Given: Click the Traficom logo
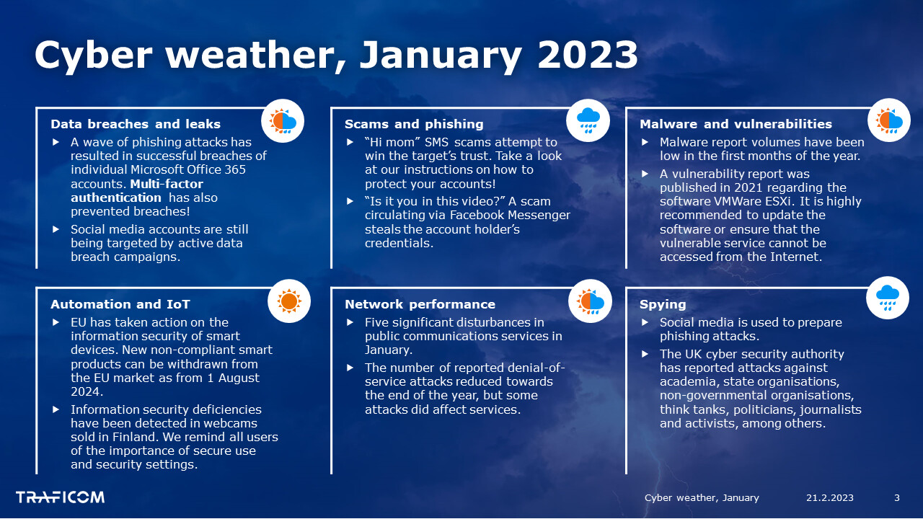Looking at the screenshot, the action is [x=60, y=497].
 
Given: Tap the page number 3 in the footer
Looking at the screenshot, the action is [x=896, y=497].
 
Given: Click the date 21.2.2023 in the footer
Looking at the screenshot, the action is [x=829, y=497].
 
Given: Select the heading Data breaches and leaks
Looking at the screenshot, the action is [x=135, y=124].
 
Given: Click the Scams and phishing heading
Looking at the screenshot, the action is [x=414, y=124].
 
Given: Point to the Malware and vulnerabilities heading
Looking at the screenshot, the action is [x=736, y=124].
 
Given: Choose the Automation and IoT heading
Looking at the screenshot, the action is [x=120, y=304].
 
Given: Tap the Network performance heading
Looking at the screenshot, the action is [x=420, y=304].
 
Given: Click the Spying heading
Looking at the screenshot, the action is [x=663, y=304].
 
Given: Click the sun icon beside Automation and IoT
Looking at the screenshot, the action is [x=289, y=301].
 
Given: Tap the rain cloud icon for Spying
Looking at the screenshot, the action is [x=888, y=298].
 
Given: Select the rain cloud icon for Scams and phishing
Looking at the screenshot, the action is [x=588, y=120].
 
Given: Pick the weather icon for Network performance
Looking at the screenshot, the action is [x=590, y=301].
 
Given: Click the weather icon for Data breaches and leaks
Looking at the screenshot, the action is [x=283, y=120].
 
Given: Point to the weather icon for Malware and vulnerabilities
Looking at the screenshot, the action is [x=889, y=120].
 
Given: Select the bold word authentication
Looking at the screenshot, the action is [x=116, y=198].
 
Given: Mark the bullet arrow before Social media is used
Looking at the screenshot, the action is [x=645, y=322].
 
